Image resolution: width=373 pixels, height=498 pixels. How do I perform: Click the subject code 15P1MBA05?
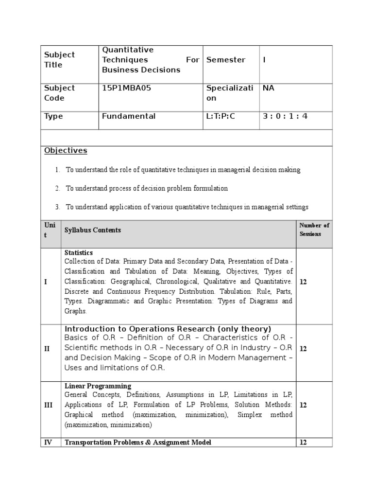[x=124, y=88]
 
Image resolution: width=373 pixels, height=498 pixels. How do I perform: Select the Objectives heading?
[x=66, y=150]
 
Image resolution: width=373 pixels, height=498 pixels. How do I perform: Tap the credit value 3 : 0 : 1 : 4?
[x=285, y=116]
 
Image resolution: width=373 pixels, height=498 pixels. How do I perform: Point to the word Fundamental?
[x=129, y=116]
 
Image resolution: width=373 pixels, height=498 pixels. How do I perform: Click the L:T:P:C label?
[x=220, y=116]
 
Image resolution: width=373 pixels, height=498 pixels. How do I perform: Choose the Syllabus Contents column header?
[x=93, y=230]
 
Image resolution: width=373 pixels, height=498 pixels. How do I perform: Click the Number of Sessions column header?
[x=314, y=230]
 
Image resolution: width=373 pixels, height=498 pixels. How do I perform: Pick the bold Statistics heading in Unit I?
[x=79, y=253]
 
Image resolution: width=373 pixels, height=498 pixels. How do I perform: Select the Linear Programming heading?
[x=98, y=386]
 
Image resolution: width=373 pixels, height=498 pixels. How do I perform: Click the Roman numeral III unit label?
[x=49, y=405]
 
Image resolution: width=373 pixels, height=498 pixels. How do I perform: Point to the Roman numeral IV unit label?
[x=49, y=443]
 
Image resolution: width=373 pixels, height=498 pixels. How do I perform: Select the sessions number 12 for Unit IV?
[x=304, y=443]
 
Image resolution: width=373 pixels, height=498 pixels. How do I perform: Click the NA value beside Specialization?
[x=269, y=88]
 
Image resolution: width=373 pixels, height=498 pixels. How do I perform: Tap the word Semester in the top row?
[x=226, y=60]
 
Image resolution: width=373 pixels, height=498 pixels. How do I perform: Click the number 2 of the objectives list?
[x=57, y=188]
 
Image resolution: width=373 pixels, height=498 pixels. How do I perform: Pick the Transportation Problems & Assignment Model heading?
[x=138, y=443]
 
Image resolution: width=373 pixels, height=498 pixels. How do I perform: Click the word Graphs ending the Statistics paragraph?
[x=75, y=311]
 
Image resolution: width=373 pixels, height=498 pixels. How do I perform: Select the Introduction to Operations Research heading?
[x=168, y=329]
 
